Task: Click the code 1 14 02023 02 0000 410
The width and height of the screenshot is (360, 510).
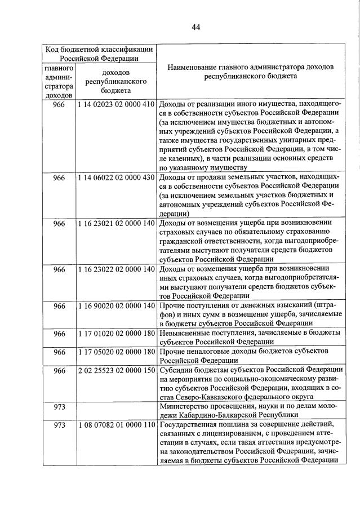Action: pyautogui.click(x=116, y=104)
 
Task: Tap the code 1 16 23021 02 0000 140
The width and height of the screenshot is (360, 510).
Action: pyautogui.click(x=116, y=223)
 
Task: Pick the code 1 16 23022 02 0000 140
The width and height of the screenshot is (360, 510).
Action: pyautogui.click(x=116, y=269)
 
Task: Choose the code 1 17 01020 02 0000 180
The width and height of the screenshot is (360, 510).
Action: pyautogui.click(x=116, y=334)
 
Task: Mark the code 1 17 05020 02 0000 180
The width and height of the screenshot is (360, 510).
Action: pyautogui.click(x=116, y=352)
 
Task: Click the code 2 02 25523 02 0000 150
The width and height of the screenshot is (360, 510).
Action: pyautogui.click(x=116, y=370)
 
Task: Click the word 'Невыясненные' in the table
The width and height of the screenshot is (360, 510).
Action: pyautogui.click(x=184, y=334)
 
